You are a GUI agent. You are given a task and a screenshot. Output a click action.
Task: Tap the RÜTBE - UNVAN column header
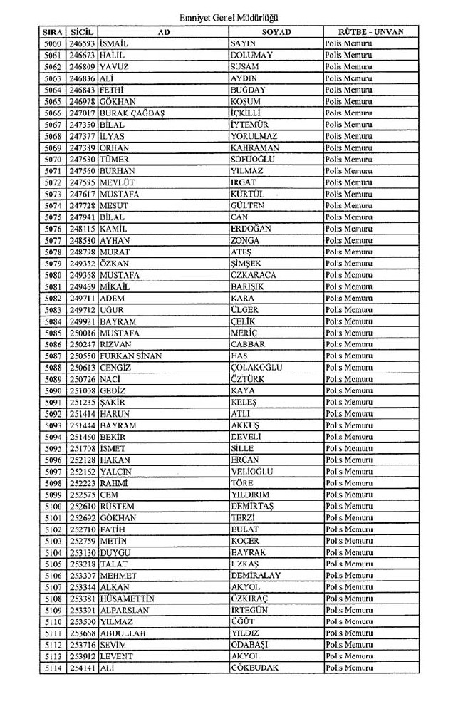coord(370,32)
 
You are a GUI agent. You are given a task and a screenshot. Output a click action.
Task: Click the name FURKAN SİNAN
coord(130,356)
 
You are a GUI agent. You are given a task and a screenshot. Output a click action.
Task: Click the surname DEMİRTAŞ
coord(253,506)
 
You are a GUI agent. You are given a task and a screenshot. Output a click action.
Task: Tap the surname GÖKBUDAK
coord(254,668)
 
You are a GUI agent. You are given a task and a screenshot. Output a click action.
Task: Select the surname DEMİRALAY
coord(256,575)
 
